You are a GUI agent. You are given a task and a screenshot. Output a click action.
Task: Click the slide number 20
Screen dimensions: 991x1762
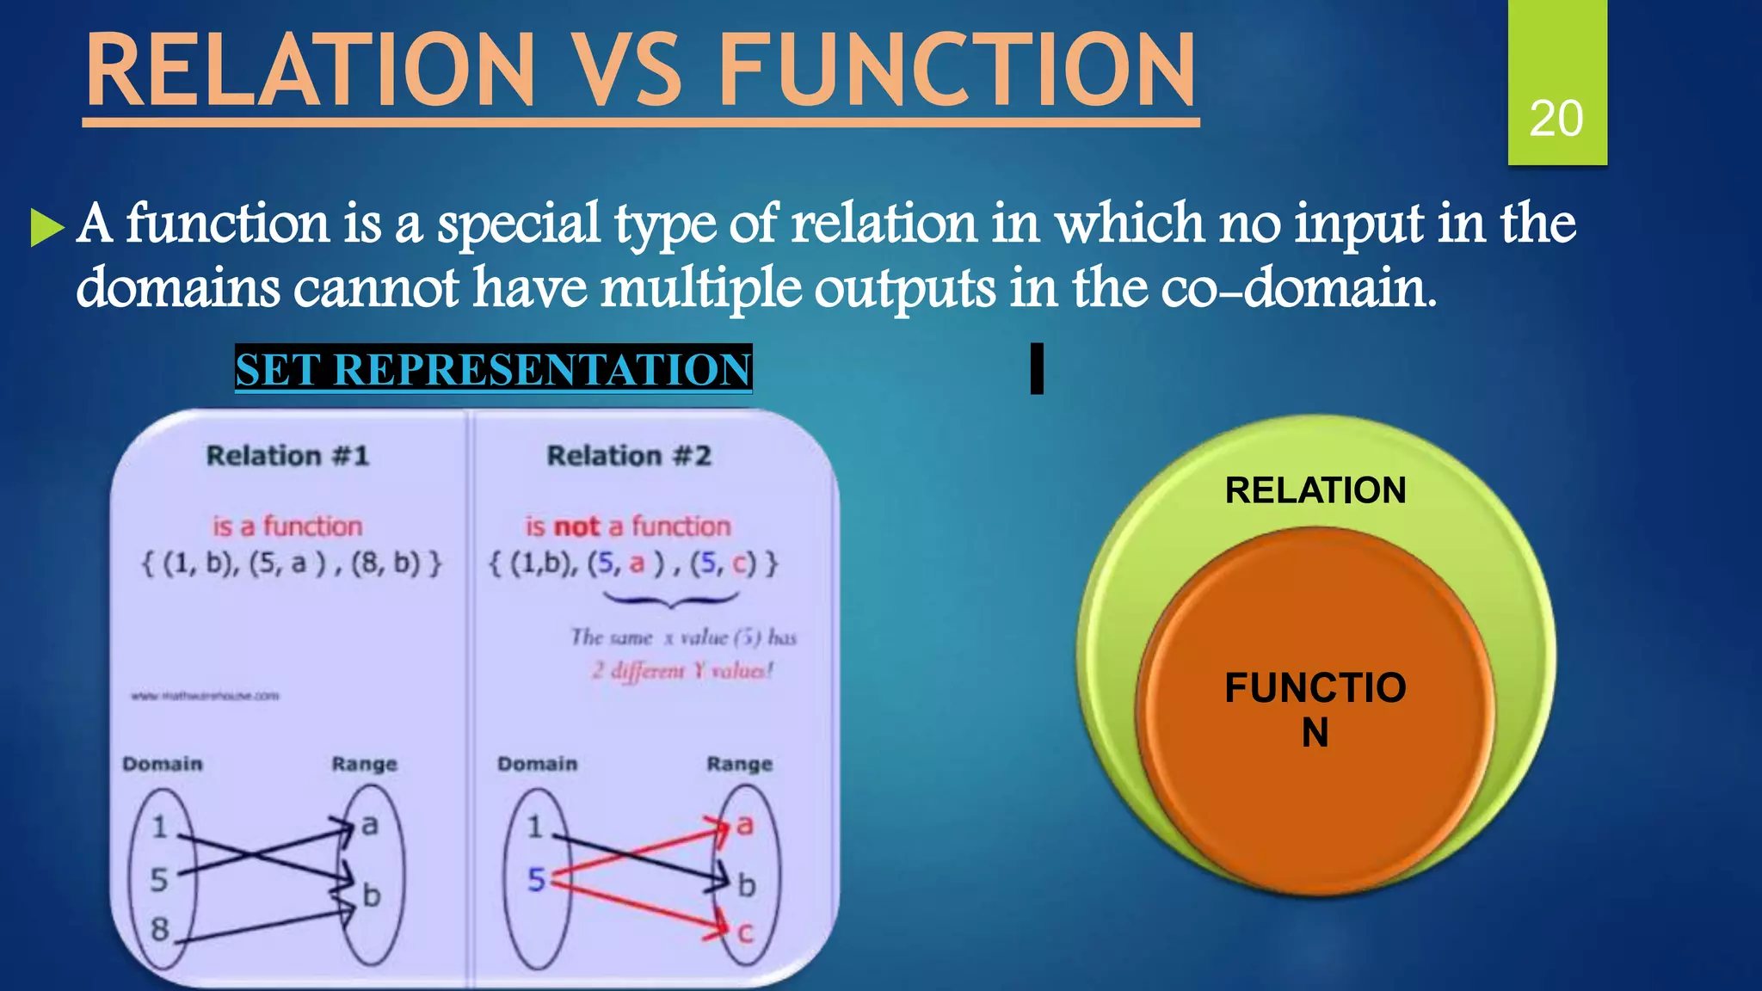(x=1556, y=119)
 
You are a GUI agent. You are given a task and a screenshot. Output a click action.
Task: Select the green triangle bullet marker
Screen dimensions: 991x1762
(x=46, y=227)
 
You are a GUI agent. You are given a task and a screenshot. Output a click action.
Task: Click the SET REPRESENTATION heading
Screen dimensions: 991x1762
(x=493, y=369)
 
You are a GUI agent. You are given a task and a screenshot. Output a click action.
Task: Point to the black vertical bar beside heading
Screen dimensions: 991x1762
(x=1037, y=368)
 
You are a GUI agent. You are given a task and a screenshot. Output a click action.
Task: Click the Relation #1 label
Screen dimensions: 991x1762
(x=287, y=455)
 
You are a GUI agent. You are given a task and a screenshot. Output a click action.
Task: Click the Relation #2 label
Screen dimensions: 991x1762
(x=629, y=455)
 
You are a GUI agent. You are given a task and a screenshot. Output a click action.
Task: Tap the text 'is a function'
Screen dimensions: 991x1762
(x=287, y=526)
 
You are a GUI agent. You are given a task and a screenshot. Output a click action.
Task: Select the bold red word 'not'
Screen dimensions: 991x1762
(x=576, y=526)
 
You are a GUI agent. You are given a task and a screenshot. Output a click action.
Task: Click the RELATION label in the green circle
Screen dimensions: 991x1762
(x=1315, y=490)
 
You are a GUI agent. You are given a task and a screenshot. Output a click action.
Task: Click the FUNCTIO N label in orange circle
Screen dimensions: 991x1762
(x=1315, y=709)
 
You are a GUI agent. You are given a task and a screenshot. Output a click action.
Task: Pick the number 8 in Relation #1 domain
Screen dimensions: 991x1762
(x=160, y=929)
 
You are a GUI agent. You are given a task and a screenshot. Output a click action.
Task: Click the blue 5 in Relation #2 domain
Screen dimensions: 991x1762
(x=536, y=879)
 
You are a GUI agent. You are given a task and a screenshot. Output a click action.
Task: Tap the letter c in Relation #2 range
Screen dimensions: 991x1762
(x=745, y=932)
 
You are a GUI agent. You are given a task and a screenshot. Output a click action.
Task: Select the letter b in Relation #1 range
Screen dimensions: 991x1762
(x=371, y=896)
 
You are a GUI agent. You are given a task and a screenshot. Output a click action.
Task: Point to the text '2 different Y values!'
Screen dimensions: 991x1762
(x=682, y=670)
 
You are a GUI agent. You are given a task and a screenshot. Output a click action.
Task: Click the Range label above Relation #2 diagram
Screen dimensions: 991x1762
(x=739, y=764)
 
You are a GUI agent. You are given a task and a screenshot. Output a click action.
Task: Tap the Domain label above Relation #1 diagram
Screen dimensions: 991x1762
(x=163, y=764)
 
